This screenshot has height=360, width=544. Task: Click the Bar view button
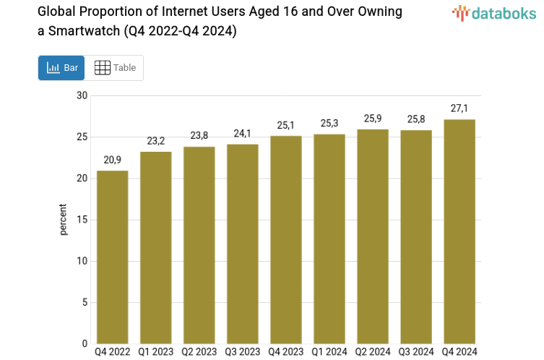tap(61, 68)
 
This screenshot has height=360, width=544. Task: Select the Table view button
tap(115, 68)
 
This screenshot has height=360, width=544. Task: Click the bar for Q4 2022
tap(113, 257)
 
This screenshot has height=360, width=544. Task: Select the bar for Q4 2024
tap(459, 231)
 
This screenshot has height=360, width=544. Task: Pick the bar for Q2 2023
tap(199, 245)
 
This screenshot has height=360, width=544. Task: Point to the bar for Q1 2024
tap(329, 239)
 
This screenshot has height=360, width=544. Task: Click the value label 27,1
tap(459, 108)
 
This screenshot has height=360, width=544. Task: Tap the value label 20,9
tap(113, 160)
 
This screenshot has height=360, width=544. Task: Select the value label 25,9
tap(373, 119)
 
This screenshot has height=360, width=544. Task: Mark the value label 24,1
tap(243, 133)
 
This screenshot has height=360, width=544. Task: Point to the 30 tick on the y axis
tap(82, 96)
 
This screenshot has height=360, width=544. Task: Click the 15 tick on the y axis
tap(82, 220)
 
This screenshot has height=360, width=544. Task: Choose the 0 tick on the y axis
tap(84, 343)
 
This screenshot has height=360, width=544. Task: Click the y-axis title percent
tap(64, 220)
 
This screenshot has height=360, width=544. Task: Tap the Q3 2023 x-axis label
tap(243, 353)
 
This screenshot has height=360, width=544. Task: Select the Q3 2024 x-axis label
tap(416, 353)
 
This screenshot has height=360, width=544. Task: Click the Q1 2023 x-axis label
tap(156, 353)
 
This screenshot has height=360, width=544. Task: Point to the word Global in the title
tap(56, 12)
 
